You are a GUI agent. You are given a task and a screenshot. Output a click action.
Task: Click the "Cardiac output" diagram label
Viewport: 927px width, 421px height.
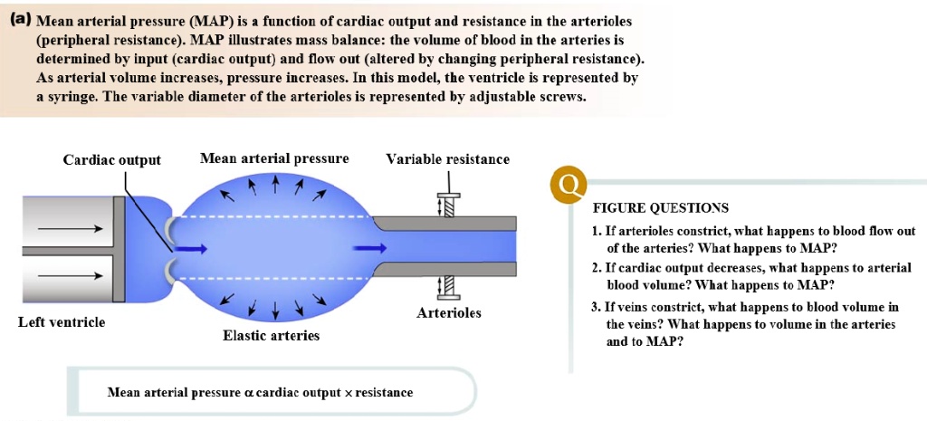point(111,160)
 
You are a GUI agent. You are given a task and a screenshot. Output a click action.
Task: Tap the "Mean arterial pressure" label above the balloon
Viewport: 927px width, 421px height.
point(274,158)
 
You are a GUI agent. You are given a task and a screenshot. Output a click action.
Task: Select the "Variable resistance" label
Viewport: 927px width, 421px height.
point(447,159)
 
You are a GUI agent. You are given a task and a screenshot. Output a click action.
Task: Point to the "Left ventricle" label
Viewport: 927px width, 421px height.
point(62,322)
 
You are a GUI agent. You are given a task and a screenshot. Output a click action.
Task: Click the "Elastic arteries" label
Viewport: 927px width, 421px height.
point(271,336)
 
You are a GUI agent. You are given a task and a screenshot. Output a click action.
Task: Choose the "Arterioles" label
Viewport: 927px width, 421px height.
point(449,313)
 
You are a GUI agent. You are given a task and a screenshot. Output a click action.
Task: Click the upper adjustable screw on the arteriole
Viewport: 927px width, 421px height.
point(447,205)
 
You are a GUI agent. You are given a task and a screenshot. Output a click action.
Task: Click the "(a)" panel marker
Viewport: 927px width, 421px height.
point(19,20)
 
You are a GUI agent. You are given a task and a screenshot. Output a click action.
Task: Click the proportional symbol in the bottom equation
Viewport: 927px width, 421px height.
point(249,393)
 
